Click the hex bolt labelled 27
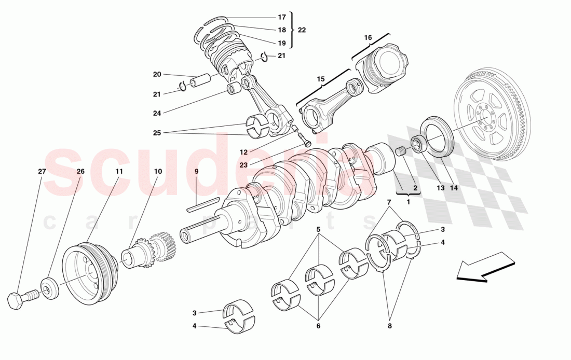pyautogui.click(x=21, y=298)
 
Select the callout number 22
pyautogui.click(x=302, y=30)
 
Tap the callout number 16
pyautogui.click(x=368, y=37)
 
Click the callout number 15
pyautogui.click(x=320, y=79)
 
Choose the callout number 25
pyautogui.click(x=157, y=132)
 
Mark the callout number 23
pyautogui.click(x=243, y=165)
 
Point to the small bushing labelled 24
pyautogui.click(x=234, y=88)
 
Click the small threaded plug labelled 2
pyautogui.click(x=400, y=152)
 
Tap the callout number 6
pyautogui.click(x=318, y=326)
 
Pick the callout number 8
pyautogui.click(x=389, y=326)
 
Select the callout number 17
pyautogui.click(x=281, y=17)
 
